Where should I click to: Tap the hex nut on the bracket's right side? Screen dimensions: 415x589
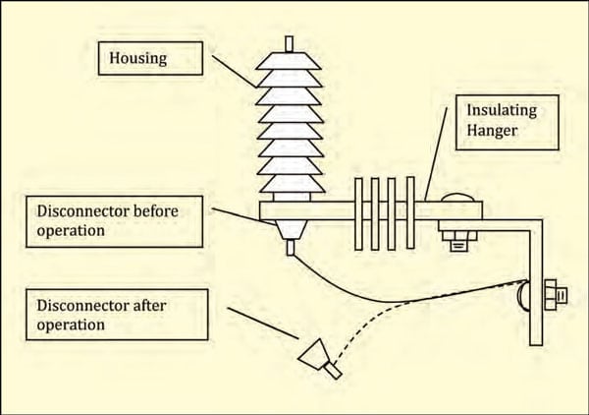(x=553, y=292)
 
